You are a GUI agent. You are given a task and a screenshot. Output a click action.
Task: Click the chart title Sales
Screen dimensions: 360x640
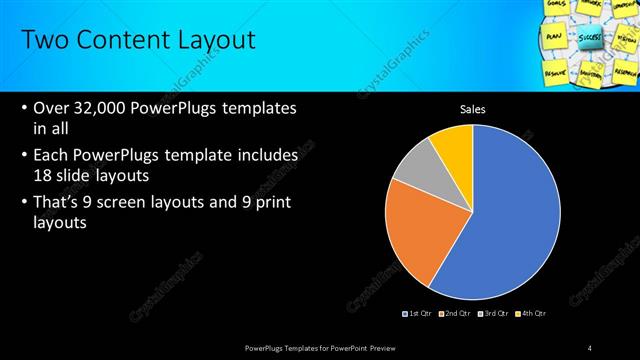pos(472,109)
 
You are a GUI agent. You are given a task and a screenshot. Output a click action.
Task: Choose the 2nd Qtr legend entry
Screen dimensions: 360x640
pos(455,314)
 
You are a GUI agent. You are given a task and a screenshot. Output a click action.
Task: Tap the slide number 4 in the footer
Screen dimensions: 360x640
pos(589,347)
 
